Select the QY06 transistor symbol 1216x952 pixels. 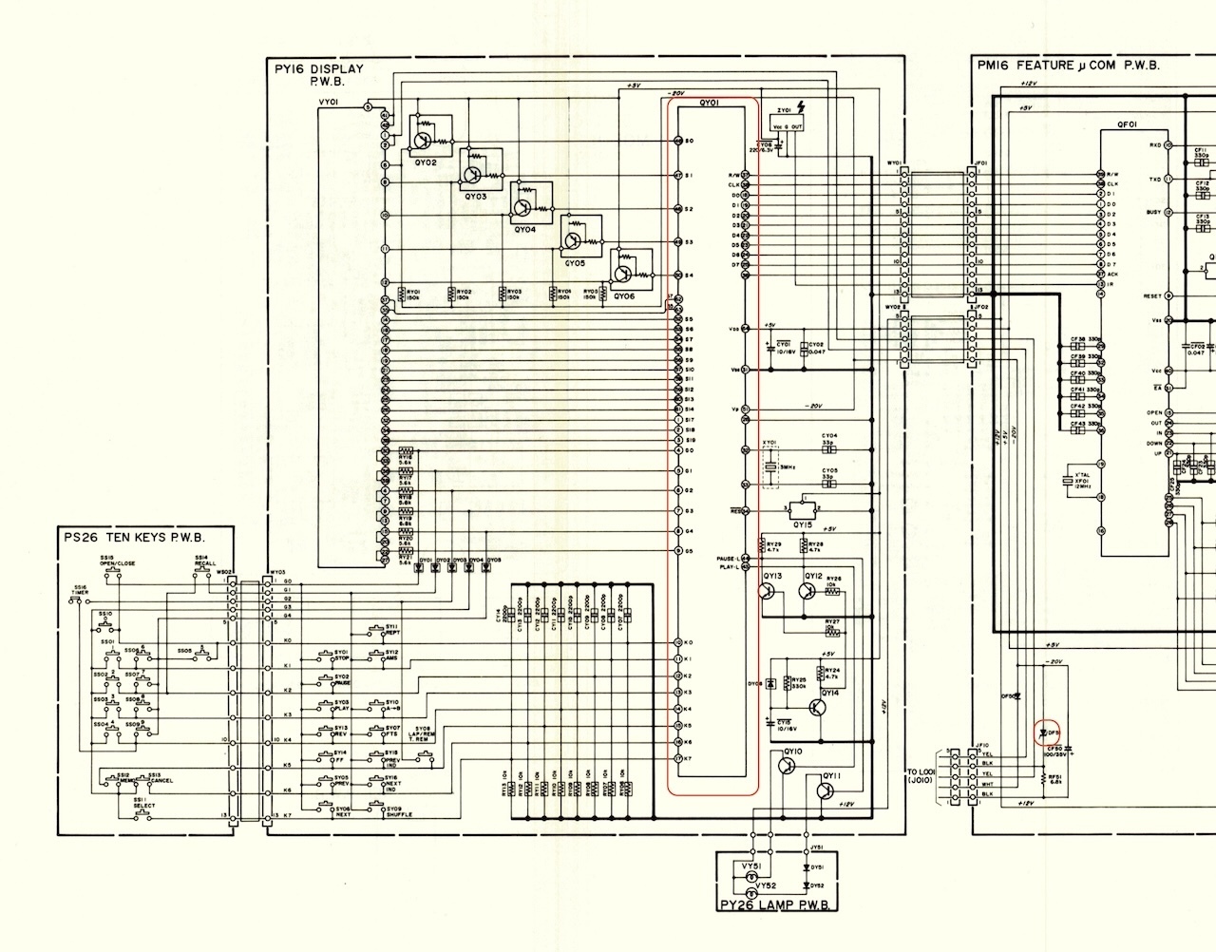pos(622,275)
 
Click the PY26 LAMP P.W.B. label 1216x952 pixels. pos(778,905)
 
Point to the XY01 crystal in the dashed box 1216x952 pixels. pos(769,466)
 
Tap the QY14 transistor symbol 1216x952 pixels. pos(817,707)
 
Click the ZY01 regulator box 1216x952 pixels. pos(789,123)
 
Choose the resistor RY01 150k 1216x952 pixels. pos(402,295)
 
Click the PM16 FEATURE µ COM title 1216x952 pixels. pos(1068,66)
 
